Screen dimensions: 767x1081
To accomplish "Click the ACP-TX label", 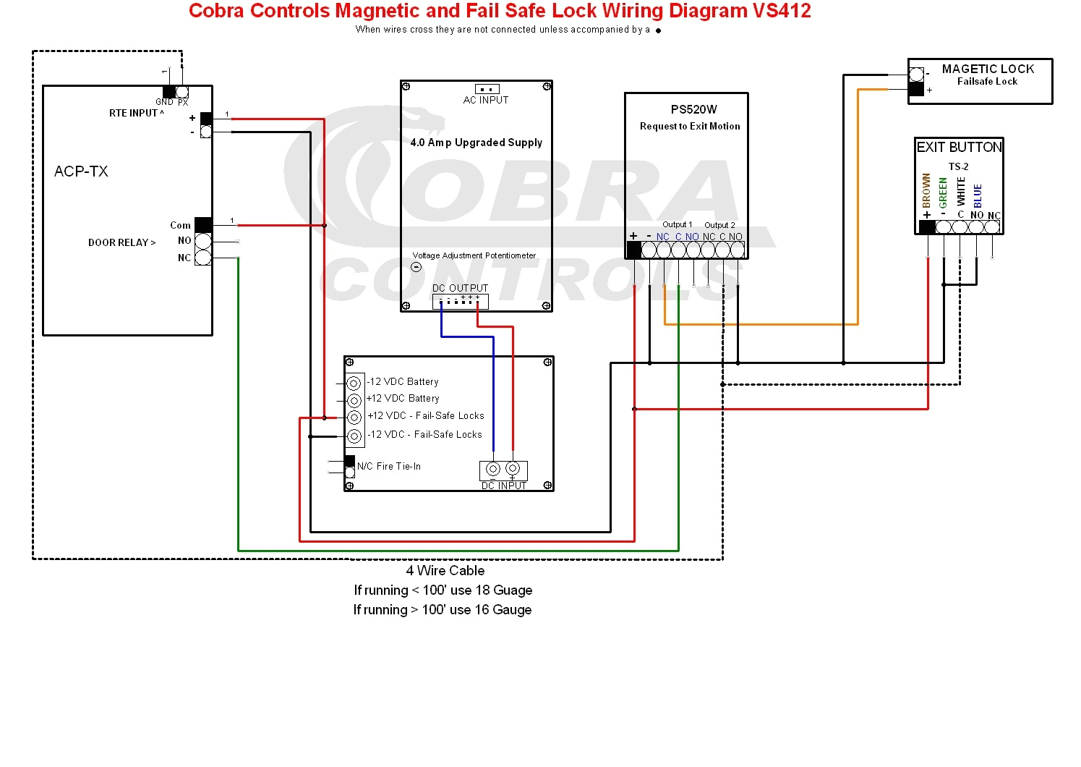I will point(81,171).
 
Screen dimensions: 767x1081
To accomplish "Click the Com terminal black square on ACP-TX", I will point(203,225).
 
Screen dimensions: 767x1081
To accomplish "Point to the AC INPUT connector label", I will point(486,100).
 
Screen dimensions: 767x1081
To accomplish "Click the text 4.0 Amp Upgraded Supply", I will point(476,143).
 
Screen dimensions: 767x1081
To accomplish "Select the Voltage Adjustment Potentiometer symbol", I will point(416,267).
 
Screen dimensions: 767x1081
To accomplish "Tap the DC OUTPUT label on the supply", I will point(460,288).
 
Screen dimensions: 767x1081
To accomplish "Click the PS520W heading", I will point(693,109).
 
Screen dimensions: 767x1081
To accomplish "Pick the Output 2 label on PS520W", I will point(719,225).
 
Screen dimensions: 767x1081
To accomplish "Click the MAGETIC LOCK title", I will point(988,69).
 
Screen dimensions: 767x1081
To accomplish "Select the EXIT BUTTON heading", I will point(959,147).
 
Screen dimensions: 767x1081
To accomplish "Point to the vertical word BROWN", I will point(926,190).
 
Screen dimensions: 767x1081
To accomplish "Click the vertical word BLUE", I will point(978,195).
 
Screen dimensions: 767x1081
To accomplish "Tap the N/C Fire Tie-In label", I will point(389,467).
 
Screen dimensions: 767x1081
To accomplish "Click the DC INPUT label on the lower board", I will point(504,486).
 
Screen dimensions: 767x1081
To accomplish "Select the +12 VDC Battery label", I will point(403,398).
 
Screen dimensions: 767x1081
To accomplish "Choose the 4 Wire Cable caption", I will point(445,570).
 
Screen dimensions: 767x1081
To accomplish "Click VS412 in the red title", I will point(782,11).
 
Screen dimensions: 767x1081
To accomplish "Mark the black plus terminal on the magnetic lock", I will point(916,90).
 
